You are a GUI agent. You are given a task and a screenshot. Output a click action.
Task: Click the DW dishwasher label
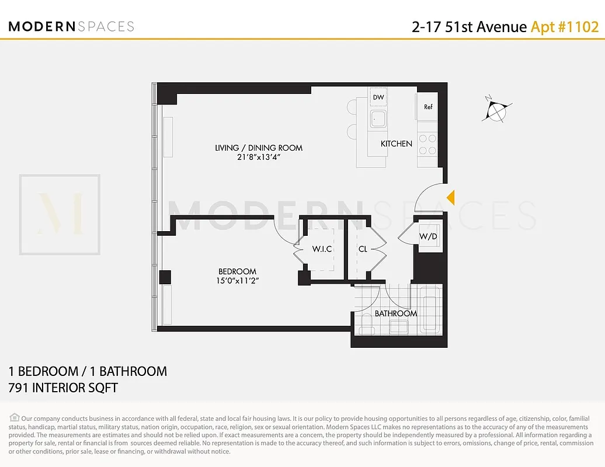point(378,97)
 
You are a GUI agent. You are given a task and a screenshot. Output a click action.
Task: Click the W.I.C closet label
point(321,249)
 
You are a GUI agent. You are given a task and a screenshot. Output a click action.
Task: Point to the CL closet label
point(363,249)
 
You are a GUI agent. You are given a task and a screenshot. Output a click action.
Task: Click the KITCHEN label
point(397,144)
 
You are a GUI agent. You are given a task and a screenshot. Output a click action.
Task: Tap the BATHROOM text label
point(396,313)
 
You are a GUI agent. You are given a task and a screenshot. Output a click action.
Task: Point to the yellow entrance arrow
point(450,198)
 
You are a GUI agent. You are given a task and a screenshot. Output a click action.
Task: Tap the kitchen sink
point(378,119)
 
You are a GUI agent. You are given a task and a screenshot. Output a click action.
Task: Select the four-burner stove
point(427,144)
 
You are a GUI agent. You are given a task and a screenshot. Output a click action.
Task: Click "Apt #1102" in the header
point(564,27)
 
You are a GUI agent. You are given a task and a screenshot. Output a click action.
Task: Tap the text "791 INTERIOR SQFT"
point(63,388)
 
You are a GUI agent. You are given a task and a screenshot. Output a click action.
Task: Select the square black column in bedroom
point(165,278)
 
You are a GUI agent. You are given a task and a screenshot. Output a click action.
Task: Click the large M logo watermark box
point(60,214)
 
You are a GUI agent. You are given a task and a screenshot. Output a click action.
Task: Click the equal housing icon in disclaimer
point(15,418)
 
